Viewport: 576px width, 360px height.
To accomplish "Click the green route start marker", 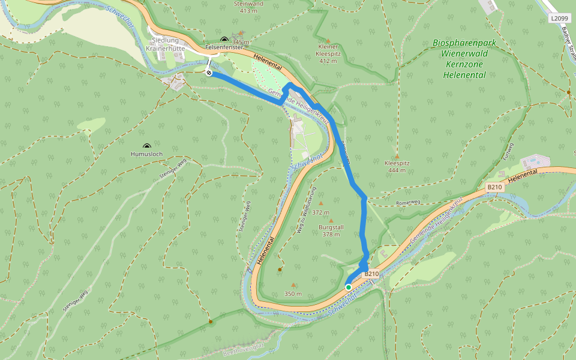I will coord(349,287).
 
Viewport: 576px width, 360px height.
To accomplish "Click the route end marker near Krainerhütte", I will coord(209,73).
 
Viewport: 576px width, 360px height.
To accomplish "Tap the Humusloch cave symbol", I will coord(147,146).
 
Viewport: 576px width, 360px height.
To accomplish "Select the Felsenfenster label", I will coord(223,46).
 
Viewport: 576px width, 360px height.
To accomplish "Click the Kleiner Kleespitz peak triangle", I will coord(328,41).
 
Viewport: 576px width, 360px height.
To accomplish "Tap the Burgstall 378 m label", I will coord(331,231).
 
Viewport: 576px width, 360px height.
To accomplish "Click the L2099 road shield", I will coord(559,19).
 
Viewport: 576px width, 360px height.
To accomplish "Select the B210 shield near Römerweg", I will coord(494,187).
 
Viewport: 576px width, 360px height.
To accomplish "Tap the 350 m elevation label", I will coord(293,294).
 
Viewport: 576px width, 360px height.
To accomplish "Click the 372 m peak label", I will coord(320,212).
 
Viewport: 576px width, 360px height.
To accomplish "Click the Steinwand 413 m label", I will coord(248,7).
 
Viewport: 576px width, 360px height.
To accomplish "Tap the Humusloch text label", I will coord(146,154).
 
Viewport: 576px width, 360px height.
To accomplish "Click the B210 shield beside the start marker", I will coord(371,274).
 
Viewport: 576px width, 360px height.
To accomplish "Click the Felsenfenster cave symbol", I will coord(224,38).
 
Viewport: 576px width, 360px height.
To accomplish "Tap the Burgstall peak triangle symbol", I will coord(331,221).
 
